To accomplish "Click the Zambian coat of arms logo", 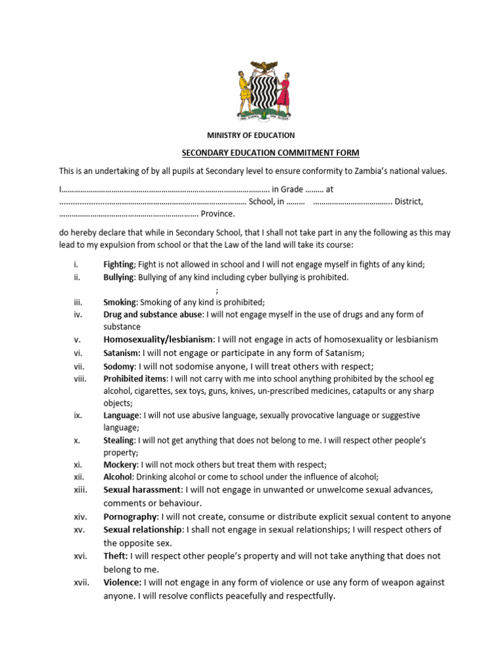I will (x=264, y=91).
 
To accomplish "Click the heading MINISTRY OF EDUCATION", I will (x=251, y=135).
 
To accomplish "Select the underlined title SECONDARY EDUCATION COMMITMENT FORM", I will (x=270, y=153).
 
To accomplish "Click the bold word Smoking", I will (x=120, y=302).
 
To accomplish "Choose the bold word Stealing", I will (x=119, y=441).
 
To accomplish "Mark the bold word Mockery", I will (x=120, y=465).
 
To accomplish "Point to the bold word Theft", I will (x=115, y=556).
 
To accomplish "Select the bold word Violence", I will (x=122, y=582).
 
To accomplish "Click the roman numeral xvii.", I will (x=81, y=582).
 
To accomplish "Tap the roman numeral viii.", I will (x=81, y=379).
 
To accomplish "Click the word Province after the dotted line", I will (x=217, y=214).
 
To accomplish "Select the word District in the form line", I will (x=407, y=202).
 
